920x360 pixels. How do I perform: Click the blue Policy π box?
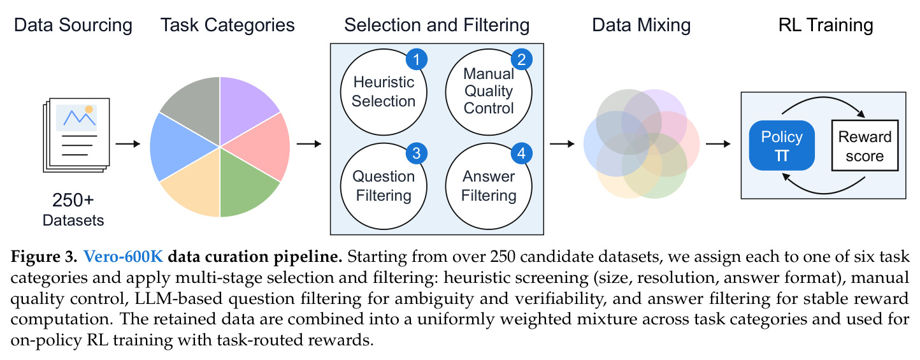pyautogui.click(x=782, y=145)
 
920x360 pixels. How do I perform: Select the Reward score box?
pyautogui.click(x=865, y=145)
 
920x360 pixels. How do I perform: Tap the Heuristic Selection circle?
pyautogui.click(x=384, y=92)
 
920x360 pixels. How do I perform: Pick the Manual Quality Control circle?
pyautogui.click(x=489, y=92)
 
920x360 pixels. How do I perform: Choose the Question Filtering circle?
pyautogui.click(x=384, y=186)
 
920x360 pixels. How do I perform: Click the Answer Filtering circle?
pyautogui.click(x=489, y=186)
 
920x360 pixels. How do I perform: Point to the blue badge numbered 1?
pyautogui.click(x=417, y=60)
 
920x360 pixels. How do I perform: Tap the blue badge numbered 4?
pyautogui.click(x=522, y=154)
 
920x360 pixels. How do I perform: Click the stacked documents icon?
pyautogui.click(x=76, y=135)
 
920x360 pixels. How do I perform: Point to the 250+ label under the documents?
pyautogui.click(x=73, y=200)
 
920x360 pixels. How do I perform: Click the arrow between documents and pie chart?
pyautogui.click(x=127, y=144)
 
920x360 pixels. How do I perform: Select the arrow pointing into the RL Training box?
pyautogui.click(x=718, y=144)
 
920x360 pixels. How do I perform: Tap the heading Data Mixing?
pyautogui.click(x=641, y=25)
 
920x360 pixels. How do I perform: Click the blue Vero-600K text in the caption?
pyautogui.click(x=123, y=256)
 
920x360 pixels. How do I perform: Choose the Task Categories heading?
pyautogui.click(x=227, y=25)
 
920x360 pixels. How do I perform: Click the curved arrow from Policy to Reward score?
pyautogui.click(x=824, y=98)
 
